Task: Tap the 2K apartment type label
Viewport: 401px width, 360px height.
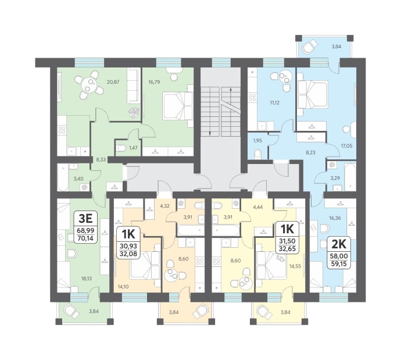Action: [x=339, y=244]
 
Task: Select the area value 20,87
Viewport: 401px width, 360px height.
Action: [x=113, y=82]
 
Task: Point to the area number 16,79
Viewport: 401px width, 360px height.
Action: [x=155, y=82]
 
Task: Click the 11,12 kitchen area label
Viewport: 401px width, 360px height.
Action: [x=274, y=103]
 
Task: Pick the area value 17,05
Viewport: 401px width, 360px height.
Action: [x=346, y=146]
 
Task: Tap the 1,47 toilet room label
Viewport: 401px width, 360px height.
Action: [x=133, y=148]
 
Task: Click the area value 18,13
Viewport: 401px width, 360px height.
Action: [x=86, y=279]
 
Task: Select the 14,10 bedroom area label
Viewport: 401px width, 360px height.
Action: [x=123, y=287]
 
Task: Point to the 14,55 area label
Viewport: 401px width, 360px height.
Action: [x=295, y=266]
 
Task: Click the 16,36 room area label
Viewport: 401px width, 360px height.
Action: [x=335, y=218]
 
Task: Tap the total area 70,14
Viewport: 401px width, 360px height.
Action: [x=85, y=238]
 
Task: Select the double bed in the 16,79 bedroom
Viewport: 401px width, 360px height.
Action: [x=177, y=106]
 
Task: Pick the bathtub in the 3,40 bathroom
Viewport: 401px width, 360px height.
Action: [x=63, y=177]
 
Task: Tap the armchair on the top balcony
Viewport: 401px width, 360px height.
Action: [x=309, y=47]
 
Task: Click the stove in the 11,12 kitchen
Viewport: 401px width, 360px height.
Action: [x=252, y=98]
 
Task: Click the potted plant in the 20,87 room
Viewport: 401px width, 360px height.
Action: [x=134, y=112]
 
